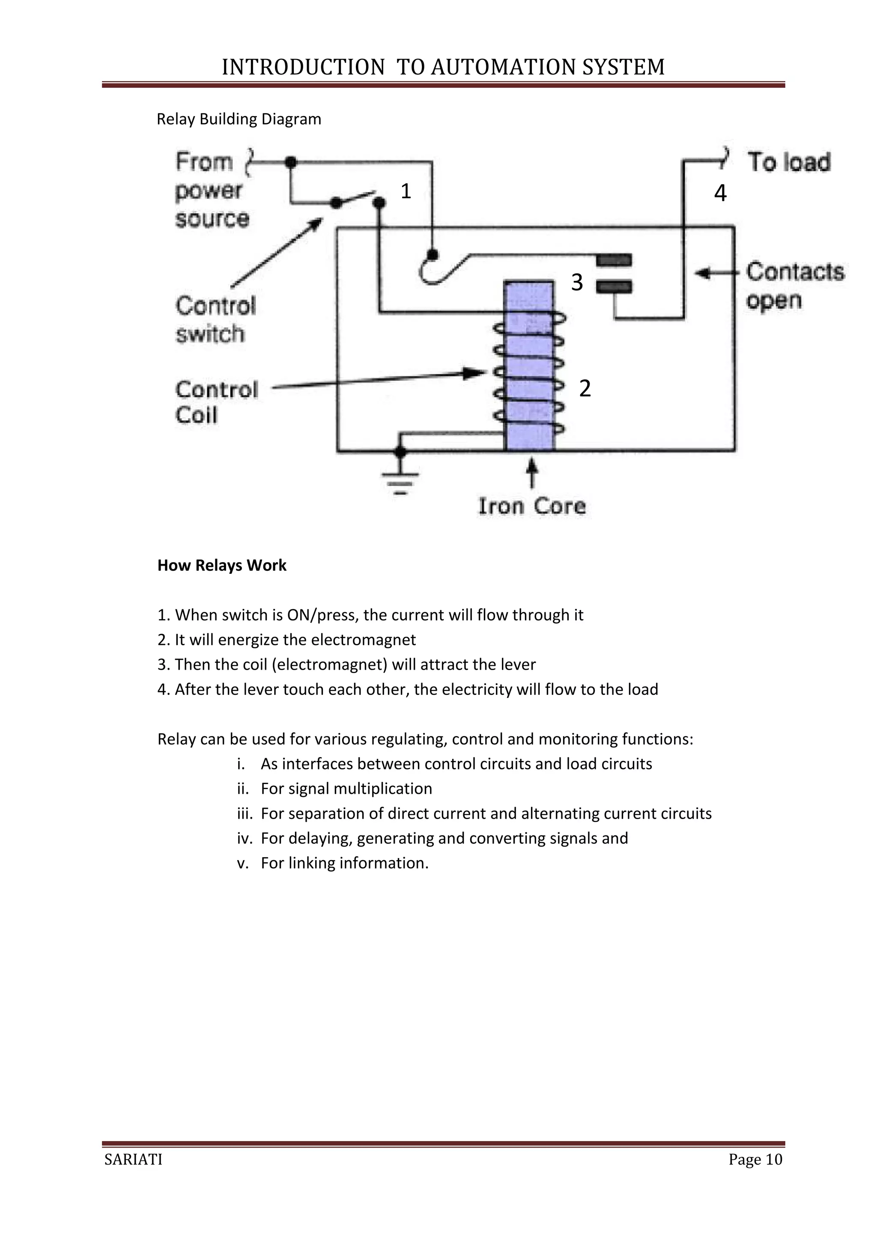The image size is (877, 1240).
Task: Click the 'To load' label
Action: coord(789,162)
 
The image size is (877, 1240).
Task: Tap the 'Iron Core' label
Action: coord(532,506)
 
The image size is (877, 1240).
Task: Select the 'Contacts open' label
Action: coord(795,286)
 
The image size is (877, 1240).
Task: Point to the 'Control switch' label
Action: coord(215,320)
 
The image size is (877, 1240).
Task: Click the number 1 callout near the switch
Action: coord(406,191)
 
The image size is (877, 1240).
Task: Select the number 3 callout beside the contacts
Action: coord(577,283)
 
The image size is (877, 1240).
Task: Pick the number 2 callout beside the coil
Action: coord(585,388)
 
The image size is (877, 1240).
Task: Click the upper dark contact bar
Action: coord(614,261)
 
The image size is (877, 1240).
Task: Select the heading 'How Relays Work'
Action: coord(221,566)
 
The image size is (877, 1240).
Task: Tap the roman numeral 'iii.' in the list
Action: coord(245,814)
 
